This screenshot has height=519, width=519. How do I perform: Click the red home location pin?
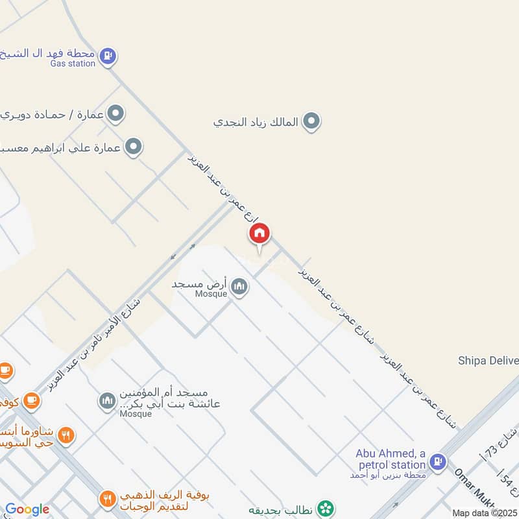259,234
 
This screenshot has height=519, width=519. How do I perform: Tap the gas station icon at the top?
109,56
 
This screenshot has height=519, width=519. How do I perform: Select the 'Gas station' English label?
73,64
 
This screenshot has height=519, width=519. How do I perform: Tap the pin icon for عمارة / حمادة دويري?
116,114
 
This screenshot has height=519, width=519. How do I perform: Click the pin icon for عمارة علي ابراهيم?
134,147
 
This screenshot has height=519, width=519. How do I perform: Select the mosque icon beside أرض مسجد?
239,286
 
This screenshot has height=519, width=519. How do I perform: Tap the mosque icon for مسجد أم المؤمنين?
107,402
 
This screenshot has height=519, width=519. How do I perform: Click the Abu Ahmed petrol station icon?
439,463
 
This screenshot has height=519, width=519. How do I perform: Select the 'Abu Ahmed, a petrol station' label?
391,459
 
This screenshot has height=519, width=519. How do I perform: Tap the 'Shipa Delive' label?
488,361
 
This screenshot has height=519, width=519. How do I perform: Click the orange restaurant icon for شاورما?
65,435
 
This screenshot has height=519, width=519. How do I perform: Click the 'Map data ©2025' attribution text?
484,513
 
